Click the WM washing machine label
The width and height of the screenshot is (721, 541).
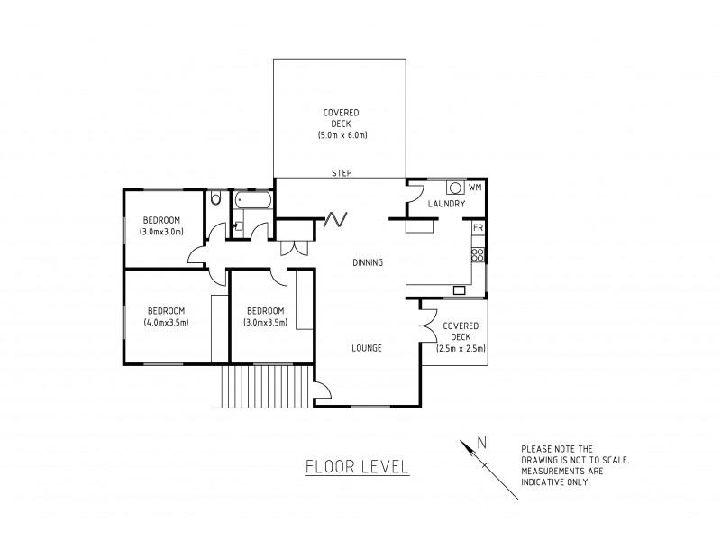click(474, 187)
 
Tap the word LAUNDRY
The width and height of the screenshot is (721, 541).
click(446, 205)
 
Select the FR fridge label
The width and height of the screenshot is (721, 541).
click(479, 228)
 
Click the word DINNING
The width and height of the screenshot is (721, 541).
click(369, 263)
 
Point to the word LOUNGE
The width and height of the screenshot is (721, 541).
click(368, 347)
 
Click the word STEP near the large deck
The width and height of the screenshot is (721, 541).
click(342, 172)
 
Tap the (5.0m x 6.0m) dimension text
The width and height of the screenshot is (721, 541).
click(342, 134)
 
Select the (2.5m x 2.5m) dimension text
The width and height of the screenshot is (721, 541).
click(461, 348)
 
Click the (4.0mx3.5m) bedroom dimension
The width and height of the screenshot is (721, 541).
click(166, 322)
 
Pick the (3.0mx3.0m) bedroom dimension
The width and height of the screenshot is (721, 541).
click(162, 232)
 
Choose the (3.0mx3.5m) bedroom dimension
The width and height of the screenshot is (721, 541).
click(266, 322)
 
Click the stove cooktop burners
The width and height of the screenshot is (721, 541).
click(479, 254)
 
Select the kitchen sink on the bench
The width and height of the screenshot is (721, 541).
click(459, 290)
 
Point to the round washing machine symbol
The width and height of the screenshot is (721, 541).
click(455, 188)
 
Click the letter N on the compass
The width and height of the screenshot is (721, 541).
click(482, 442)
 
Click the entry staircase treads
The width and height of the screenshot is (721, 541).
click(267, 387)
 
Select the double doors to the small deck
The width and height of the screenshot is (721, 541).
click(426, 319)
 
